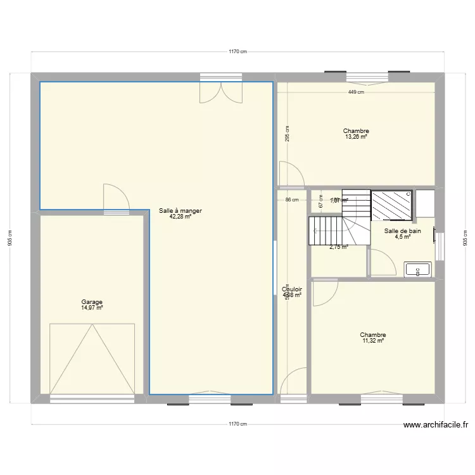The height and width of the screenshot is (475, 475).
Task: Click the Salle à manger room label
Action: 180,211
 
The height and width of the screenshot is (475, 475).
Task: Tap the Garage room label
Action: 92,302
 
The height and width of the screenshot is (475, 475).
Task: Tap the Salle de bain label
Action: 402,231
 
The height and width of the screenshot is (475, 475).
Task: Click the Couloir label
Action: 292,289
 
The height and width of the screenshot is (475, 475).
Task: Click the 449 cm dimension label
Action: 356,92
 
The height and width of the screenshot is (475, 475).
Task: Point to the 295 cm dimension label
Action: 287,133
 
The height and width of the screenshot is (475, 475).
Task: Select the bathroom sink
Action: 417,269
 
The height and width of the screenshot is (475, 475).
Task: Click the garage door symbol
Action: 92,358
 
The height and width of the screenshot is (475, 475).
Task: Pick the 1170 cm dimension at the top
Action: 237,52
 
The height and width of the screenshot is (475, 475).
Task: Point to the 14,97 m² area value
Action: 92,308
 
